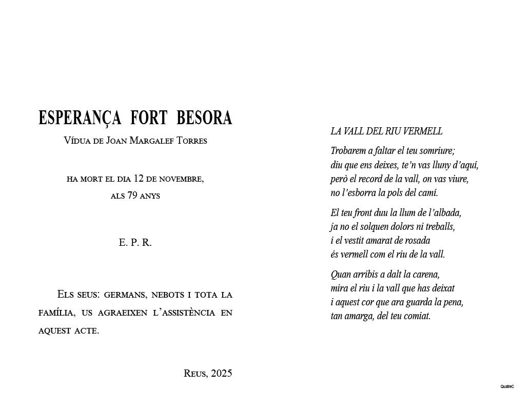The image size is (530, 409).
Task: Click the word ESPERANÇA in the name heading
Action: click(x=80, y=118)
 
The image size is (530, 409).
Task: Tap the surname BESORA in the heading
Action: click(x=204, y=118)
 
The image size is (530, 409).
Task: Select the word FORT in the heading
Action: click(x=149, y=118)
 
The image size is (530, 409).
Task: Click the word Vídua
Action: click(x=77, y=141)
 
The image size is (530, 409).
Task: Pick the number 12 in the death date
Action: click(x=138, y=179)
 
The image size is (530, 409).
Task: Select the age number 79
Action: click(x=132, y=196)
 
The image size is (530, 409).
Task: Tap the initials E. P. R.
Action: click(x=135, y=243)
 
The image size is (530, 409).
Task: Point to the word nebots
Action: click(x=167, y=295)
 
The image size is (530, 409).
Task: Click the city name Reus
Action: click(x=195, y=374)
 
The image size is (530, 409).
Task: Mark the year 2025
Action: click(x=222, y=374)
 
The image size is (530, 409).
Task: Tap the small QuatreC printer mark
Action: click(x=507, y=386)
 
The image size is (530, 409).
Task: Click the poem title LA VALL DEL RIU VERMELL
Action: click(x=386, y=131)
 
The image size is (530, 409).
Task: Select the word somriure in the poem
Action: click(x=434, y=151)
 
